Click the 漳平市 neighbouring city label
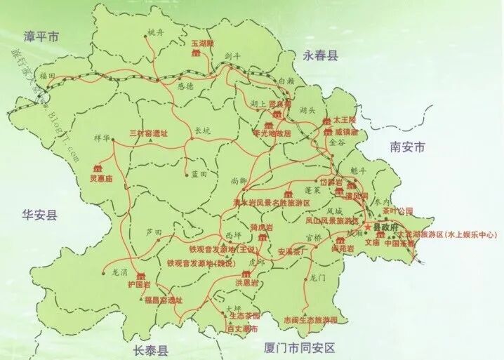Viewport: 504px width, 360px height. coord(41,35)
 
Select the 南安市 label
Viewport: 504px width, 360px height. coord(407,147)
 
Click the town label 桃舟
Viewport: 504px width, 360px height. coord(154,33)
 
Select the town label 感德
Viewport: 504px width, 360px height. coord(185,87)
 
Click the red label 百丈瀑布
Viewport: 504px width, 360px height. coord(243,328)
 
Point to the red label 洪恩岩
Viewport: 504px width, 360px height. coord(246,283)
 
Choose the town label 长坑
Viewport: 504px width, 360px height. coord(201,130)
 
